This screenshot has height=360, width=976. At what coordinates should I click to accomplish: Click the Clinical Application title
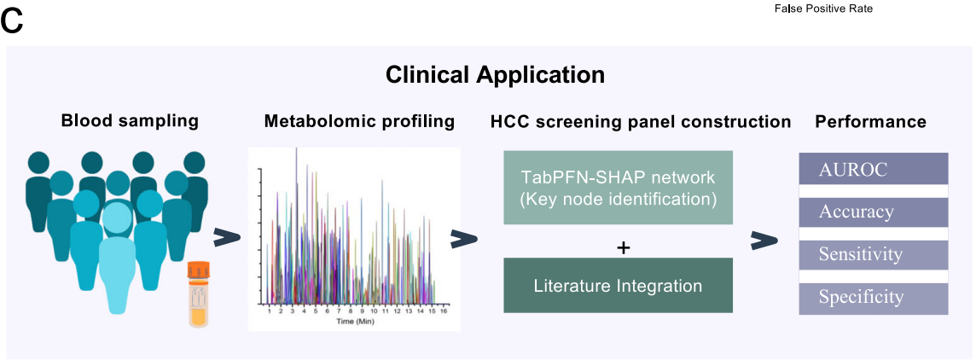point(495,75)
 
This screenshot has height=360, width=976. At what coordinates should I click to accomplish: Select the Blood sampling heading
point(130,121)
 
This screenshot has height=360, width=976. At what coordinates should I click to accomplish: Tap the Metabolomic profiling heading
point(359,121)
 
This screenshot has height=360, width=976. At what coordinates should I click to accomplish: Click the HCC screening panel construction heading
point(639,121)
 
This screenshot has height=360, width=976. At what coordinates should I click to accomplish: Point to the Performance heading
point(871,121)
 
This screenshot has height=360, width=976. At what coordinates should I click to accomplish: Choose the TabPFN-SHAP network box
point(618,188)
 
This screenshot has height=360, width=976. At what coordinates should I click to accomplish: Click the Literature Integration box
point(618,285)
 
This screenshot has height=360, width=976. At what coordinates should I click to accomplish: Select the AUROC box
point(874,168)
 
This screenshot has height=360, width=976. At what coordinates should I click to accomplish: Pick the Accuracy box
point(874,212)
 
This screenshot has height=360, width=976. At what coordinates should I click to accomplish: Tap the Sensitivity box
point(874,254)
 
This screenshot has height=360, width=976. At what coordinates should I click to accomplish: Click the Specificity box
point(874,297)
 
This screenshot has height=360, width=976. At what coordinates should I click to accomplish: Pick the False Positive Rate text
point(823,9)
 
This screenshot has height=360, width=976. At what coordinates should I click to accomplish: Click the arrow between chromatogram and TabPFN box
point(464,240)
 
